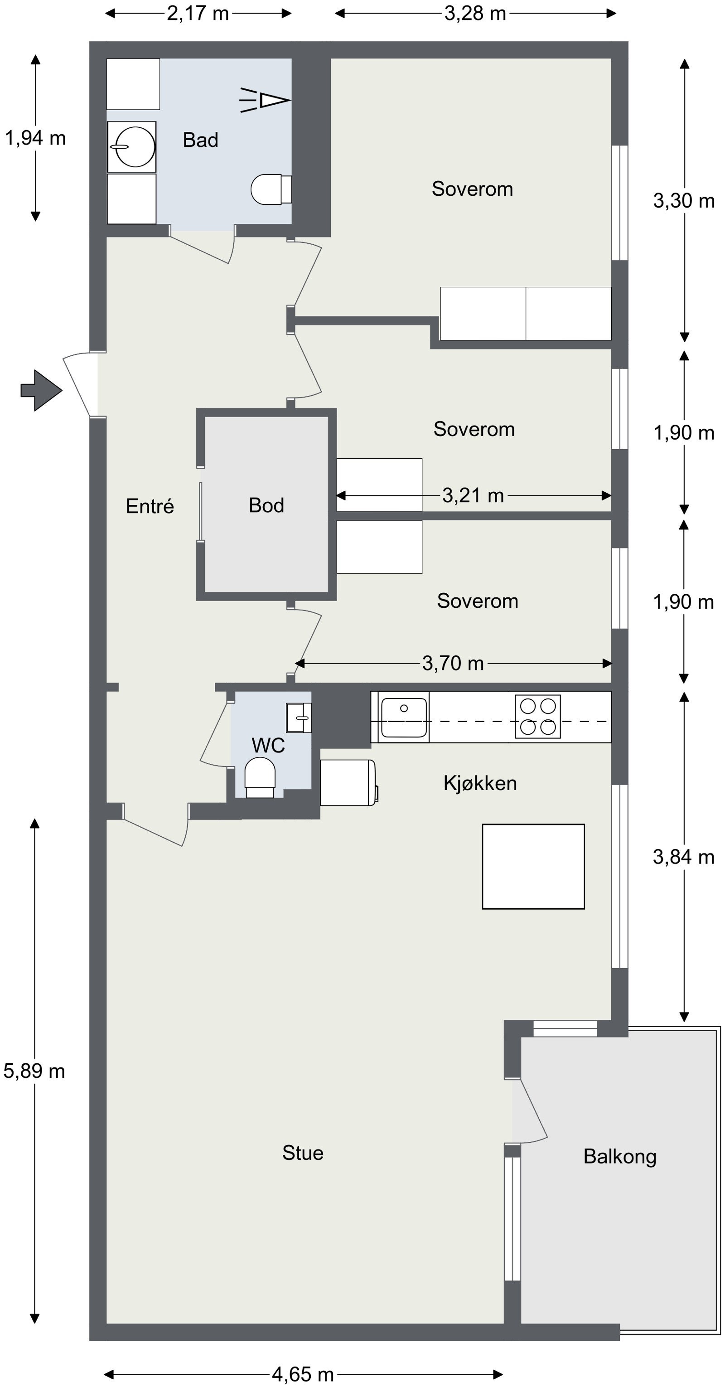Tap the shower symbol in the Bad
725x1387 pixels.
265,100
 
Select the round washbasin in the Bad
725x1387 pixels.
132,146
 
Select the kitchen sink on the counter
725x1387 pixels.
404,717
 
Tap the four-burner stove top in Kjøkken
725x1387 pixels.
538,716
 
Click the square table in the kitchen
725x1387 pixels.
533,866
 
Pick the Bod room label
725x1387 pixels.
266,505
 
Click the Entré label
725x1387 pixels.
150,506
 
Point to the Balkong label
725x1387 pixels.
620,1157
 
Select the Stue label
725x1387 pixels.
303,1153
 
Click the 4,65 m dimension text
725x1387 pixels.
303,1375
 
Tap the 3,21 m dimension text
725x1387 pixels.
473,495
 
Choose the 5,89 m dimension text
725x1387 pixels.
34,1071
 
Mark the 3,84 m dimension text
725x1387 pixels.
684,857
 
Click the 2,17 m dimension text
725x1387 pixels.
198,13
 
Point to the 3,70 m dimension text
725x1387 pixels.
453,663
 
